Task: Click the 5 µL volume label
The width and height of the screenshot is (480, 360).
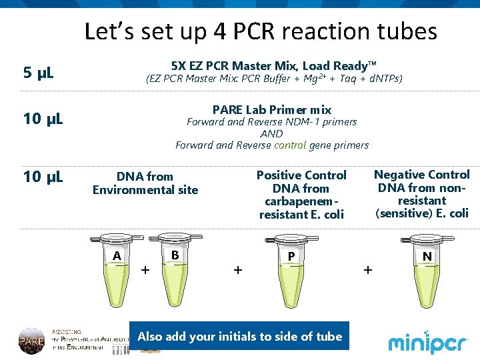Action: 39,73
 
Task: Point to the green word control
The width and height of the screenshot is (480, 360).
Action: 290,145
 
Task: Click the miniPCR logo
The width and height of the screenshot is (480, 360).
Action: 429,341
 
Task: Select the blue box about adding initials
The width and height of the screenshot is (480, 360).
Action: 239,337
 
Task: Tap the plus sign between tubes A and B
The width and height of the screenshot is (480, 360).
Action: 145,270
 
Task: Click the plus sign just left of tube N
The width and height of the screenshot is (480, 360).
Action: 367,270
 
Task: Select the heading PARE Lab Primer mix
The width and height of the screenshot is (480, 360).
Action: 271,109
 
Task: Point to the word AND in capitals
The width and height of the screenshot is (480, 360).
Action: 271,133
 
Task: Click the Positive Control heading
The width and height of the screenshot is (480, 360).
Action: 301,175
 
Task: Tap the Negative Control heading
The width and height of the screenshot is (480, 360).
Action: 421,175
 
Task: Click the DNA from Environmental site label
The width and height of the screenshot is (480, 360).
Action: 145,183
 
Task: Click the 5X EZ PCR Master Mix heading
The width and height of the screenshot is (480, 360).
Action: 273,66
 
